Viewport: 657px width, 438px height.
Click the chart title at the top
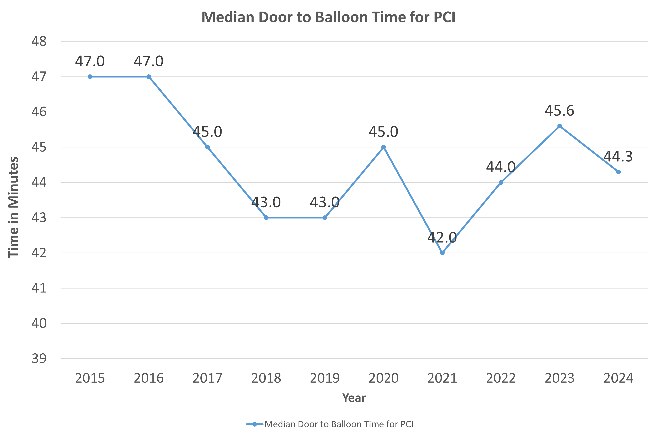(x=328, y=17)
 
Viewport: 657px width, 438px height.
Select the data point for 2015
(x=90, y=77)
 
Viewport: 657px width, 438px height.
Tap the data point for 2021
(x=442, y=253)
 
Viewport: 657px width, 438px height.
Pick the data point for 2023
(x=559, y=126)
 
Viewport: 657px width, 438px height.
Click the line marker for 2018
(x=266, y=218)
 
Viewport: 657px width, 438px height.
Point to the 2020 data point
(x=383, y=147)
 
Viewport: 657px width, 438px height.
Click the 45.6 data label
(x=559, y=111)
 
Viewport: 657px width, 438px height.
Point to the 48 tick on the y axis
(x=39, y=41)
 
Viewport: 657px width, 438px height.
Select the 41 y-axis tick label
(x=39, y=288)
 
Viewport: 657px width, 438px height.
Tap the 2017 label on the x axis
(x=207, y=378)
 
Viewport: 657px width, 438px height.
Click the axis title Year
(x=354, y=398)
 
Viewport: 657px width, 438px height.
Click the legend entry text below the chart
(x=339, y=424)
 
